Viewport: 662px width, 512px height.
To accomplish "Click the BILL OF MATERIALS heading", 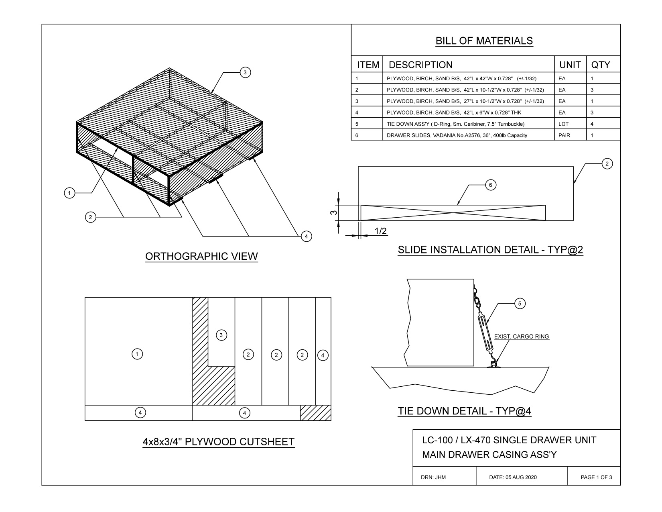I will (x=484, y=41).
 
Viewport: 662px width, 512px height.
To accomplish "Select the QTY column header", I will (x=600, y=65).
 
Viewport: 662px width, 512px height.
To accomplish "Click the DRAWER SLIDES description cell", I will (x=457, y=135).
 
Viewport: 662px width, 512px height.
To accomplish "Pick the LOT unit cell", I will (x=563, y=124).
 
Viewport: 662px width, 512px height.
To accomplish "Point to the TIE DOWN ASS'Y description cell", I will (x=455, y=124).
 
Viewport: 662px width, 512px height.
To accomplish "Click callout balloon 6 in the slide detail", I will (x=490, y=185).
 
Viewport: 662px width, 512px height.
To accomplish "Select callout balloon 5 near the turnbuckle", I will (x=520, y=304).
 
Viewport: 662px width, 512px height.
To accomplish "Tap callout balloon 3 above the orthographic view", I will (x=245, y=72).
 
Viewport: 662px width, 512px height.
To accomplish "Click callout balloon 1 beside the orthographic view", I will (x=69, y=193).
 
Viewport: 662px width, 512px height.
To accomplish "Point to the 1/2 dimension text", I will (x=380, y=231).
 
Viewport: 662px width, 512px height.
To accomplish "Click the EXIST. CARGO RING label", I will (x=521, y=337).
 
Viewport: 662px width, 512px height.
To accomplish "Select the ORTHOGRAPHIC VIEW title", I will (x=201, y=256).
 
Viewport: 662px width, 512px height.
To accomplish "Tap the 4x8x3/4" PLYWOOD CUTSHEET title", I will (x=219, y=442).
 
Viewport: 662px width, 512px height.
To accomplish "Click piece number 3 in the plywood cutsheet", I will (x=221, y=335).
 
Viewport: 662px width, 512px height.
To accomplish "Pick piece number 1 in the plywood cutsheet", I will (x=137, y=354).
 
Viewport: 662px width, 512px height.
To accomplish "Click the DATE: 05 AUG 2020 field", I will (x=513, y=477).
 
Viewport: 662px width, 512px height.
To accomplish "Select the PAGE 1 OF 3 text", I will (x=596, y=477).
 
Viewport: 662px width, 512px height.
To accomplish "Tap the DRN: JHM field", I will (x=433, y=477).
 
